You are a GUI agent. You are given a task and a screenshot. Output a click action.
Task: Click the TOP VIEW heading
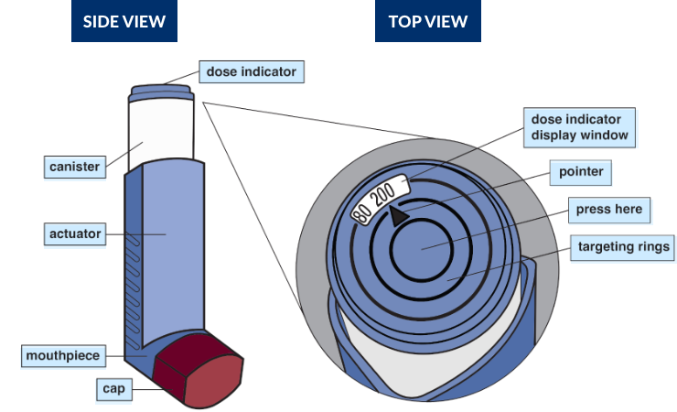428,21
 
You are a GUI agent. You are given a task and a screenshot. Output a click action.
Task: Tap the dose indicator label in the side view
251,70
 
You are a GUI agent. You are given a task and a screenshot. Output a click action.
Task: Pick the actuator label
75,234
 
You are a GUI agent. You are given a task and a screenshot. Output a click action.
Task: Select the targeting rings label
620,246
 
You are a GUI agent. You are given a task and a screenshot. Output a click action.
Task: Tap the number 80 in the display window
362,213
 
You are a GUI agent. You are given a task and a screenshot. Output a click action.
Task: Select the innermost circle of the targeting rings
422,248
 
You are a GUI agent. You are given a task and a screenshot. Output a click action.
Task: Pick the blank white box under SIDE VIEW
55,90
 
